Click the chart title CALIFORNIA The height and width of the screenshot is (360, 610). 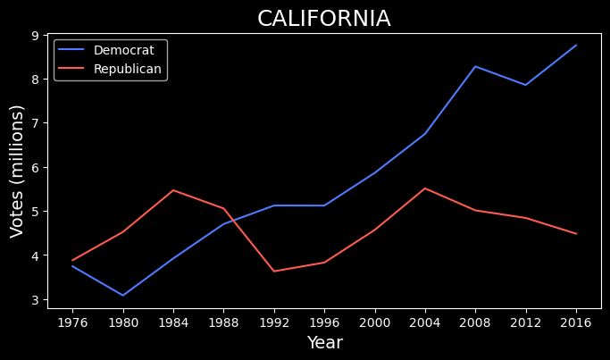323,19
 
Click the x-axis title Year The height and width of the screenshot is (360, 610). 324,343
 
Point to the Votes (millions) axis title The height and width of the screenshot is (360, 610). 17,171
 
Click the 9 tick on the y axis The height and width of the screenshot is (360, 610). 36,35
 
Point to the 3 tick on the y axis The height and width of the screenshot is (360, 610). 36,299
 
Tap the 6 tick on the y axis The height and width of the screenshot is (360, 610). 36,167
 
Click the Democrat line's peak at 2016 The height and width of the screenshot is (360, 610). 576,46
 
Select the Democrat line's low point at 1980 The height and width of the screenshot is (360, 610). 122,295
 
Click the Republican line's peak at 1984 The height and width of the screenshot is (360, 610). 173,190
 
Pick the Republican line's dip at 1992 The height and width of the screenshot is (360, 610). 273,271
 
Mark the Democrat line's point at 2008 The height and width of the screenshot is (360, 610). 475,66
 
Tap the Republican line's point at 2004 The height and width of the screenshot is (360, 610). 424,188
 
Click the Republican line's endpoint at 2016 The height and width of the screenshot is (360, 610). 576,233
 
